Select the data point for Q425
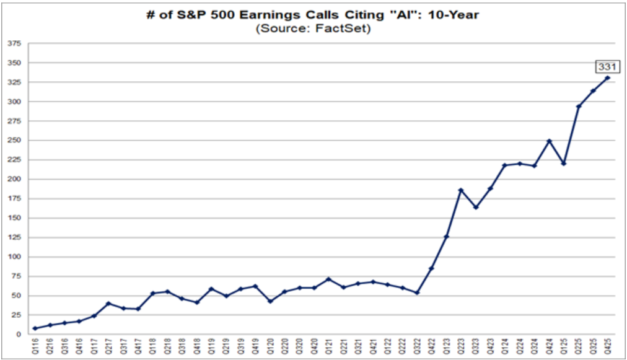[x=608, y=77]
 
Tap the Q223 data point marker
[x=461, y=190]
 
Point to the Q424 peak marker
[x=549, y=141]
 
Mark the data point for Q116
[x=35, y=328]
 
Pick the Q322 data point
[x=417, y=292]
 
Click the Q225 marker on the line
[x=578, y=106]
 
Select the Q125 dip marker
[x=564, y=164]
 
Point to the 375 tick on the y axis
[x=14, y=44]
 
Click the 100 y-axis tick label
[x=14, y=257]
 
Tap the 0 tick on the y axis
[x=19, y=335]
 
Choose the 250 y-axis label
[x=14, y=141]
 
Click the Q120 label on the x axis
[x=270, y=346]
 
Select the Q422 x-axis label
[x=432, y=346]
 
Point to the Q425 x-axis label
[x=608, y=346]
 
